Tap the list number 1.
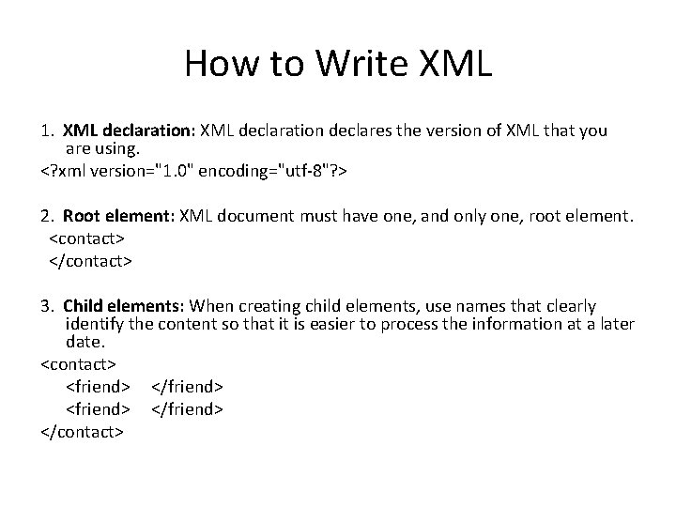point(47,131)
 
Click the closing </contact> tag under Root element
point(90,259)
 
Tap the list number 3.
point(47,306)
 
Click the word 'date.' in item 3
point(86,342)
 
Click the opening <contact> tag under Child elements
point(78,362)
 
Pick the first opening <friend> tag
point(99,386)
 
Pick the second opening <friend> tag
point(99,409)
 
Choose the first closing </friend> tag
point(187,386)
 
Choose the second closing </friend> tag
point(187,409)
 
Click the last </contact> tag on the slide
point(82,432)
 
